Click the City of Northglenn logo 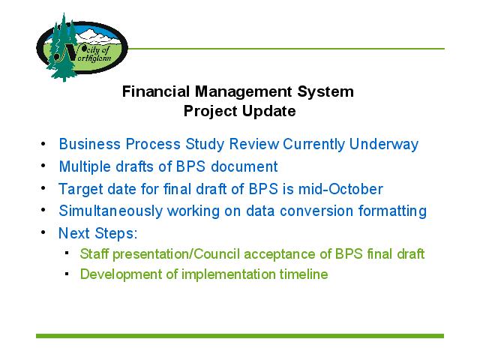(82, 47)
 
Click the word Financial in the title (156, 91)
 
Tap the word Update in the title (269, 112)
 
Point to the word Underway (383, 144)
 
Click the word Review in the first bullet (254, 144)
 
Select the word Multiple (85, 167)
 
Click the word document (244, 166)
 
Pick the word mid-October (340, 189)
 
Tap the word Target (80, 190)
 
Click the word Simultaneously (110, 211)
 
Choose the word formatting (392, 211)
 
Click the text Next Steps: (98, 233)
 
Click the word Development (121, 274)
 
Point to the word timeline (303, 274)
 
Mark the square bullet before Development (67, 274)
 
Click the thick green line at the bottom (240, 336)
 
